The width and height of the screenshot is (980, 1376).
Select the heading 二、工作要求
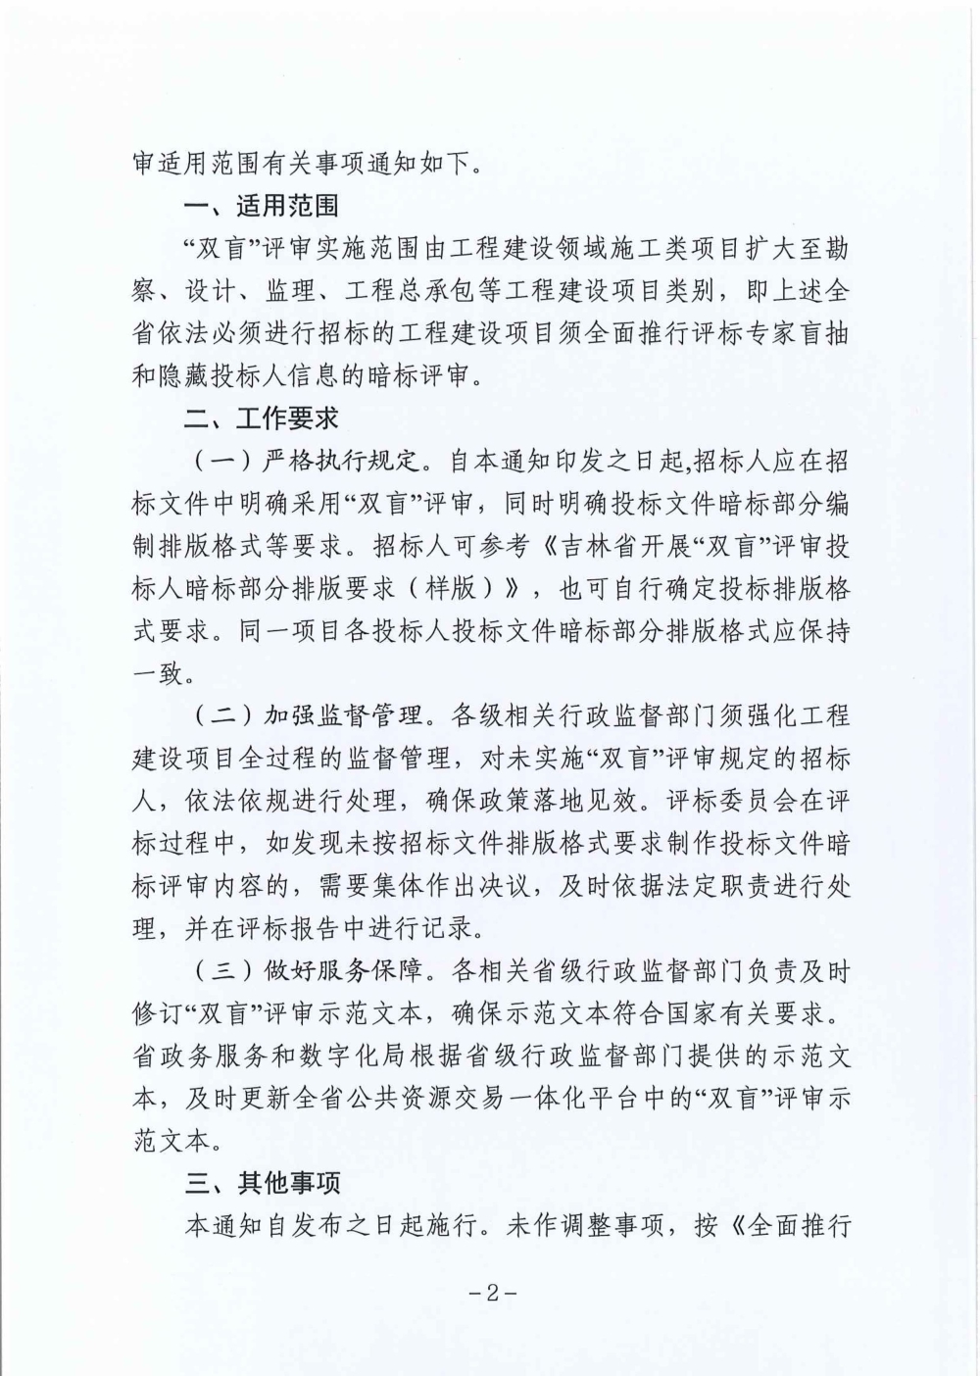pos(262,418)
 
